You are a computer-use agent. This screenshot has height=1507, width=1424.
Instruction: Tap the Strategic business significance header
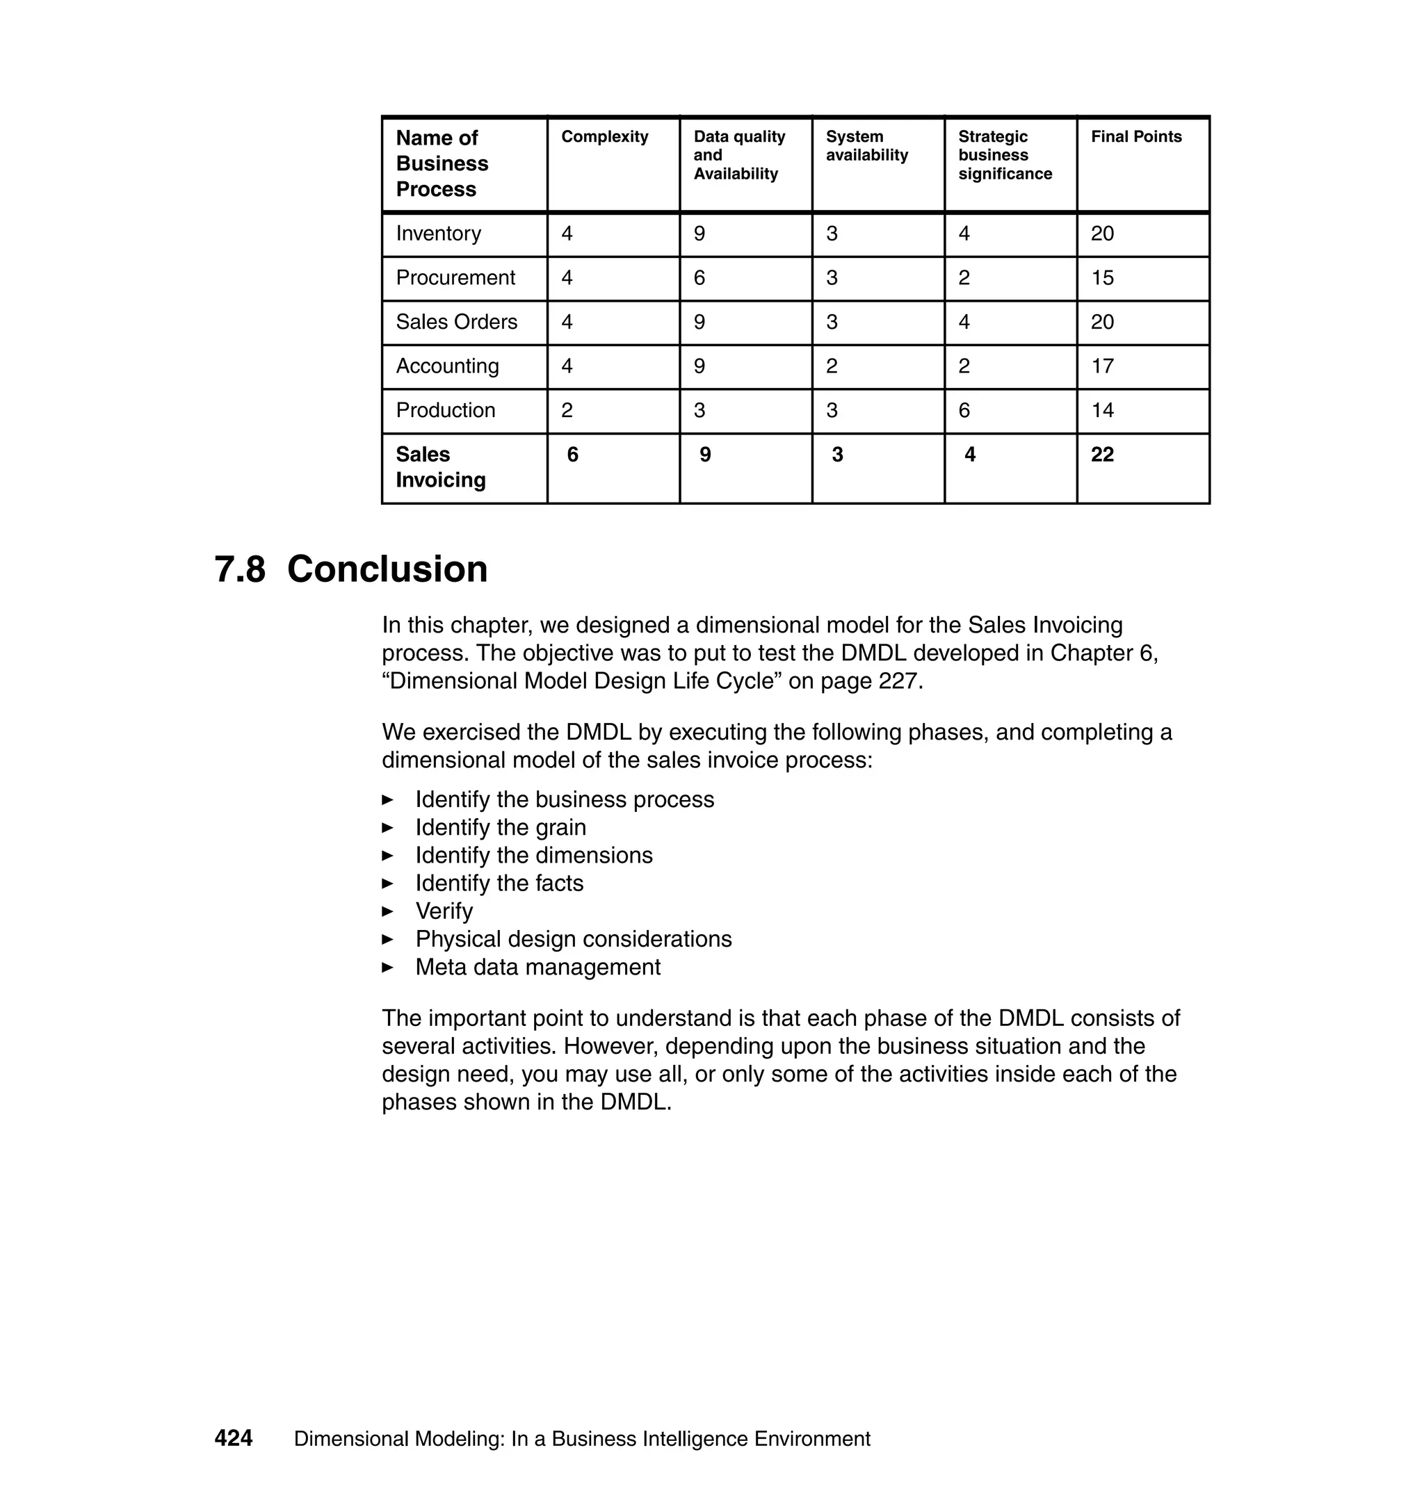(1004, 156)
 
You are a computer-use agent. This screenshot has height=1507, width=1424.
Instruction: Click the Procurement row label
(455, 278)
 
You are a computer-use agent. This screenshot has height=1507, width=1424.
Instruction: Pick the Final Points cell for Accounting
(1102, 366)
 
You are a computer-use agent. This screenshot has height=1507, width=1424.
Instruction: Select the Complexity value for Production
(567, 411)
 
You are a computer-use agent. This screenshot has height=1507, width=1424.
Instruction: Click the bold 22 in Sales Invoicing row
(1102, 455)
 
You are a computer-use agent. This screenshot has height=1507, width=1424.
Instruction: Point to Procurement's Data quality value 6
(699, 278)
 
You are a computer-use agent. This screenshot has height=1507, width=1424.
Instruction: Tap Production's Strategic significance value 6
(964, 411)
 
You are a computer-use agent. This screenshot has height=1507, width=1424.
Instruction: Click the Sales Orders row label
(456, 322)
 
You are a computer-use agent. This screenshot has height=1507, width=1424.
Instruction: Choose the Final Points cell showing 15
(1102, 278)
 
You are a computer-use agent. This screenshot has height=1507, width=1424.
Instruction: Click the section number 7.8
(240, 570)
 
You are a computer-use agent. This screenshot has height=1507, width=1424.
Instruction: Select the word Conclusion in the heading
(387, 570)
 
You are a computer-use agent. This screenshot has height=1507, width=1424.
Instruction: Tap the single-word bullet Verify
(444, 911)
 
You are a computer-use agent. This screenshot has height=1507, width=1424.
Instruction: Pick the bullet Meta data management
(537, 968)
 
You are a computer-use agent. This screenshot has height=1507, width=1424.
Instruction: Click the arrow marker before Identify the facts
(388, 883)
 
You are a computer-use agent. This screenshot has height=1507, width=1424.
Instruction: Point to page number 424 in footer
(234, 1438)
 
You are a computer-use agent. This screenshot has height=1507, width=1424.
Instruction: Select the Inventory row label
(438, 234)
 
